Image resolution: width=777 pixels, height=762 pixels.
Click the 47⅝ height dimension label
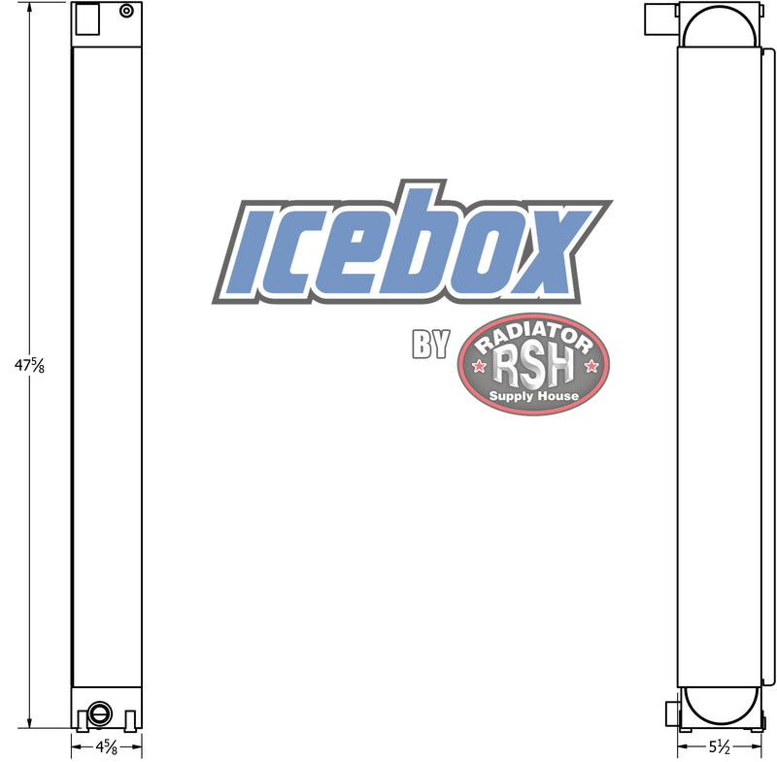click(30, 365)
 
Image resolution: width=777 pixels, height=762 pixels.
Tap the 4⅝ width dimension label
click(107, 746)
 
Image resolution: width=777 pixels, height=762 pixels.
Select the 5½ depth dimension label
click(719, 746)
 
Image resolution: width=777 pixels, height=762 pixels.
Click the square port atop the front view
click(87, 18)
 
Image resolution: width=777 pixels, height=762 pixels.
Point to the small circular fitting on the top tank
click(127, 11)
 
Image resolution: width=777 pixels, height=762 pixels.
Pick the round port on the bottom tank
click(100, 714)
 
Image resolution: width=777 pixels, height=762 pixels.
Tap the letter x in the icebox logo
click(544, 251)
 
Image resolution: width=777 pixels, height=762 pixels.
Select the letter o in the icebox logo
click(478, 252)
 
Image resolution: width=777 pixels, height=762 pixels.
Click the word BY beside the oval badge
click(430, 344)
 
